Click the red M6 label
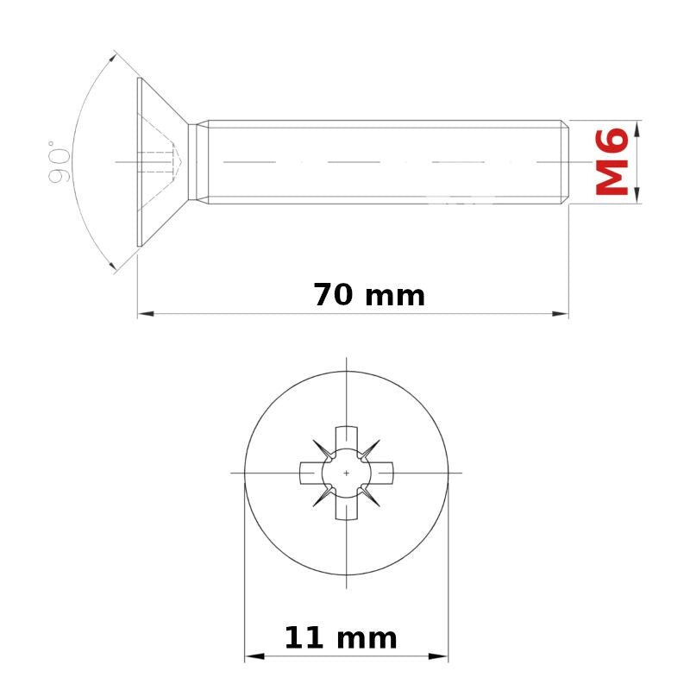(612, 161)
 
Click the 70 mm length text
(369, 295)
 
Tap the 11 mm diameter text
(341, 637)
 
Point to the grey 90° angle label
(59, 162)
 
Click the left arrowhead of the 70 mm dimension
(146, 314)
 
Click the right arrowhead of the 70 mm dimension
(560, 314)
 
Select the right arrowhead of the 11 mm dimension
(438, 656)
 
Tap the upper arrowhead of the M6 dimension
(638, 129)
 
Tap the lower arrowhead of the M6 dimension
(638, 195)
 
